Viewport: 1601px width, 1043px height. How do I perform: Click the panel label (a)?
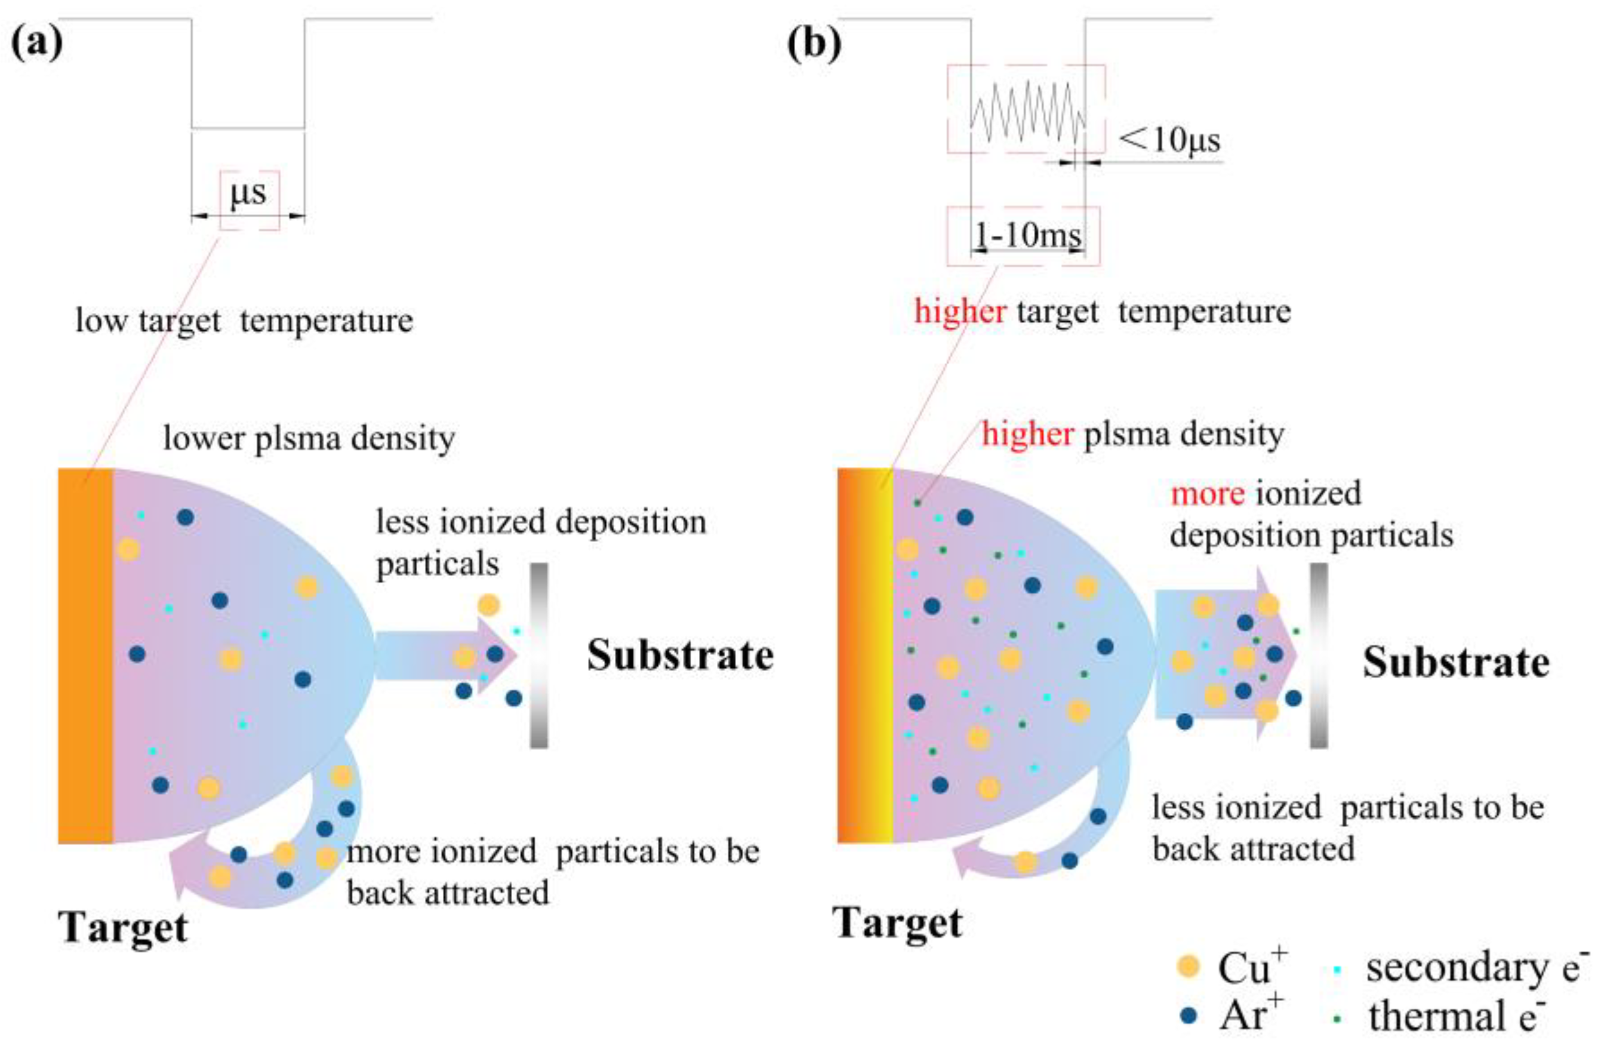tap(38, 44)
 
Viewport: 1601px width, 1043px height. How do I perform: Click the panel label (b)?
tap(815, 44)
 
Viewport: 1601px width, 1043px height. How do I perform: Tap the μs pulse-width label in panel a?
tap(248, 193)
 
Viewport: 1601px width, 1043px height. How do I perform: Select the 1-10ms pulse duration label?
tap(1029, 235)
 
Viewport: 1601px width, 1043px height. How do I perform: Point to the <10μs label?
tap(1170, 140)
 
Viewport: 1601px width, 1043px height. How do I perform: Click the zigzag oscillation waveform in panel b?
tap(1027, 112)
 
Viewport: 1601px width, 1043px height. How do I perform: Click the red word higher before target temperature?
tap(960, 312)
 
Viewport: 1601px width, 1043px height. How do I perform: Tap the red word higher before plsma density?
tap(1027, 434)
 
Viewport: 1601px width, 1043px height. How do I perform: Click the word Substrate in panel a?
tap(680, 655)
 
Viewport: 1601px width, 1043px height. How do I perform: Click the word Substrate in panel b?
tap(1457, 662)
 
